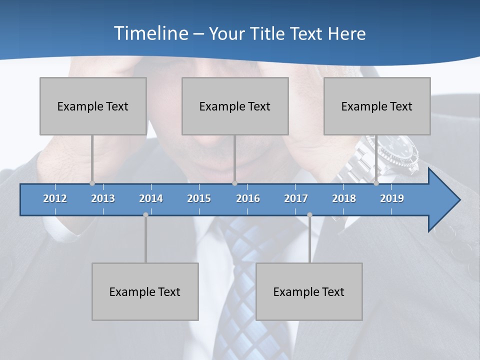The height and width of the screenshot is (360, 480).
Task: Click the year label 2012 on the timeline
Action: [55, 198]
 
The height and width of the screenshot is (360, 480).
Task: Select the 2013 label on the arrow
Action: [103, 198]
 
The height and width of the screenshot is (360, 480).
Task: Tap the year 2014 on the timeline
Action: [151, 198]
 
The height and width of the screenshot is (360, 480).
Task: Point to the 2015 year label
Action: [199, 198]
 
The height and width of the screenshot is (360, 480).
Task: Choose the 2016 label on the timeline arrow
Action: [248, 198]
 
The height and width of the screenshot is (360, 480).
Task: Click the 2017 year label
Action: [296, 198]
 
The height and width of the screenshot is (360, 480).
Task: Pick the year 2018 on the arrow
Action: [344, 198]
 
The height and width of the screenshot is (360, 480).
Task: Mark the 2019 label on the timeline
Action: [392, 198]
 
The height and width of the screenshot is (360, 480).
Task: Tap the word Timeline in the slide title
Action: [150, 33]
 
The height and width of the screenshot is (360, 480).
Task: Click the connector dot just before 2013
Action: [92, 183]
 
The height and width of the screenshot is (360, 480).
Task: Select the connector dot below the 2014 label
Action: [145, 215]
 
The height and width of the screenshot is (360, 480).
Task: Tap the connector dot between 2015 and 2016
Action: [234, 183]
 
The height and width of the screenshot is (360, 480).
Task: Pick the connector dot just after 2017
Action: [309, 215]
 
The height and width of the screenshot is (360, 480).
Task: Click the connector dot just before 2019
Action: [376, 183]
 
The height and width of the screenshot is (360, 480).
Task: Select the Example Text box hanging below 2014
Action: [145, 291]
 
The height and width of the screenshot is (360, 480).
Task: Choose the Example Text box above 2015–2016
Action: [235, 106]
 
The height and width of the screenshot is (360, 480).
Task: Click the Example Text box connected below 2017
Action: [309, 291]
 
